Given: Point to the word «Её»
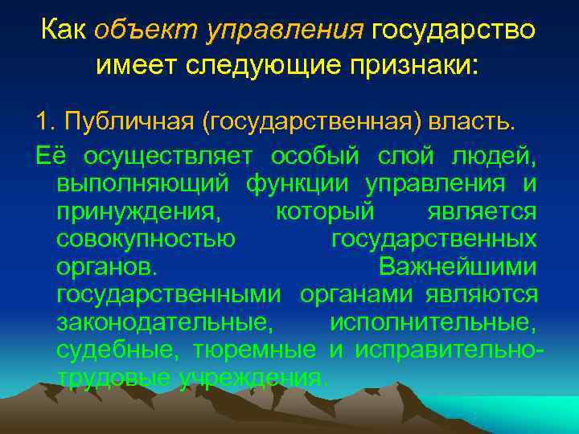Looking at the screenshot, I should coord(47,155).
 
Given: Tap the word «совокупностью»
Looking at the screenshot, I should coord(146,240).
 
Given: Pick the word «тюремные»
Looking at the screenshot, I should coord(254,350).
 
